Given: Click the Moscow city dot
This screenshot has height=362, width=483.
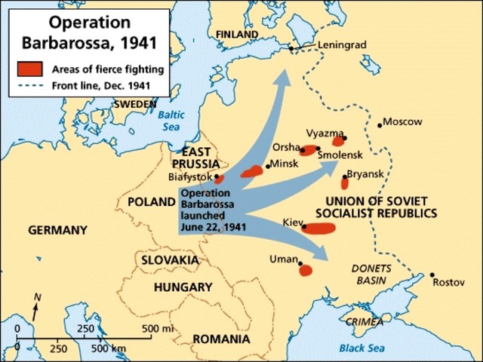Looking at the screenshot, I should [378, 123].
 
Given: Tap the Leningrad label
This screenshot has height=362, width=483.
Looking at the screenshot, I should [341, 44].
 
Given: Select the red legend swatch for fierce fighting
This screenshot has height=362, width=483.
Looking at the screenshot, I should [30, 69].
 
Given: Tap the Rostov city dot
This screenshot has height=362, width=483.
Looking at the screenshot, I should [432, 275].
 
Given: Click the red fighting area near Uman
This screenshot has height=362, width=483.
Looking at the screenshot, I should [306, 270].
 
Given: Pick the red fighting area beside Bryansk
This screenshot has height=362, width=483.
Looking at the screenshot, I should [345, 182].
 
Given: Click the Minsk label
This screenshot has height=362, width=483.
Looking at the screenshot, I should [285, 164].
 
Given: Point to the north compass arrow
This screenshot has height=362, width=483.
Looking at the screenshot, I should [35, 305].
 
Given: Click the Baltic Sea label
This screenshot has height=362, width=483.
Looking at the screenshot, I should [171, 120].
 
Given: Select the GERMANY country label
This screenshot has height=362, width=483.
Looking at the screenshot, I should [57, 230].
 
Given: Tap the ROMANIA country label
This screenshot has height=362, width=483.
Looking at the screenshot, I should [221, 339].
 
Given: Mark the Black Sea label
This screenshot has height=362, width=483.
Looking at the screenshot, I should [361, 348].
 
